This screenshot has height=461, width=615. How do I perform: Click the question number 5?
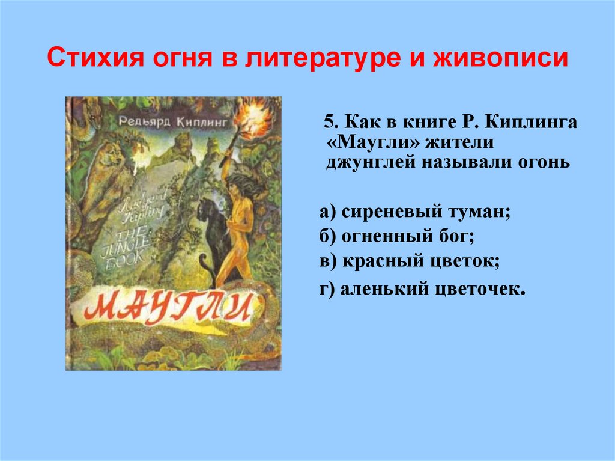(329, 123)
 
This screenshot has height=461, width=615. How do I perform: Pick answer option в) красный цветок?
(410, 262)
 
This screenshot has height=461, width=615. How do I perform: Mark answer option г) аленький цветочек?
(423, 289)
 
